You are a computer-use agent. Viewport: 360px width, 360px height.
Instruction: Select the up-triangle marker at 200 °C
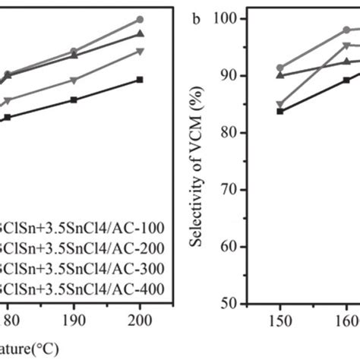click(x=140, y=34)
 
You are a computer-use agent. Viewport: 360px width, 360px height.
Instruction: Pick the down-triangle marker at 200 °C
click(x=140, y=52)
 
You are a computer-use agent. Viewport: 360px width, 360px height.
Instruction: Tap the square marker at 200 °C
click(x=140, y=79)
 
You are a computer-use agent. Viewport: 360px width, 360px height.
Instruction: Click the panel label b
click(x=196, y=18)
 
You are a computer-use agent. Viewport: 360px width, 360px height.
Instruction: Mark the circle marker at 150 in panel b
click(x=280, y=68)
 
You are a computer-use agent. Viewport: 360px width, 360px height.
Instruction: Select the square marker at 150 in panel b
click(x=280, y=111)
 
